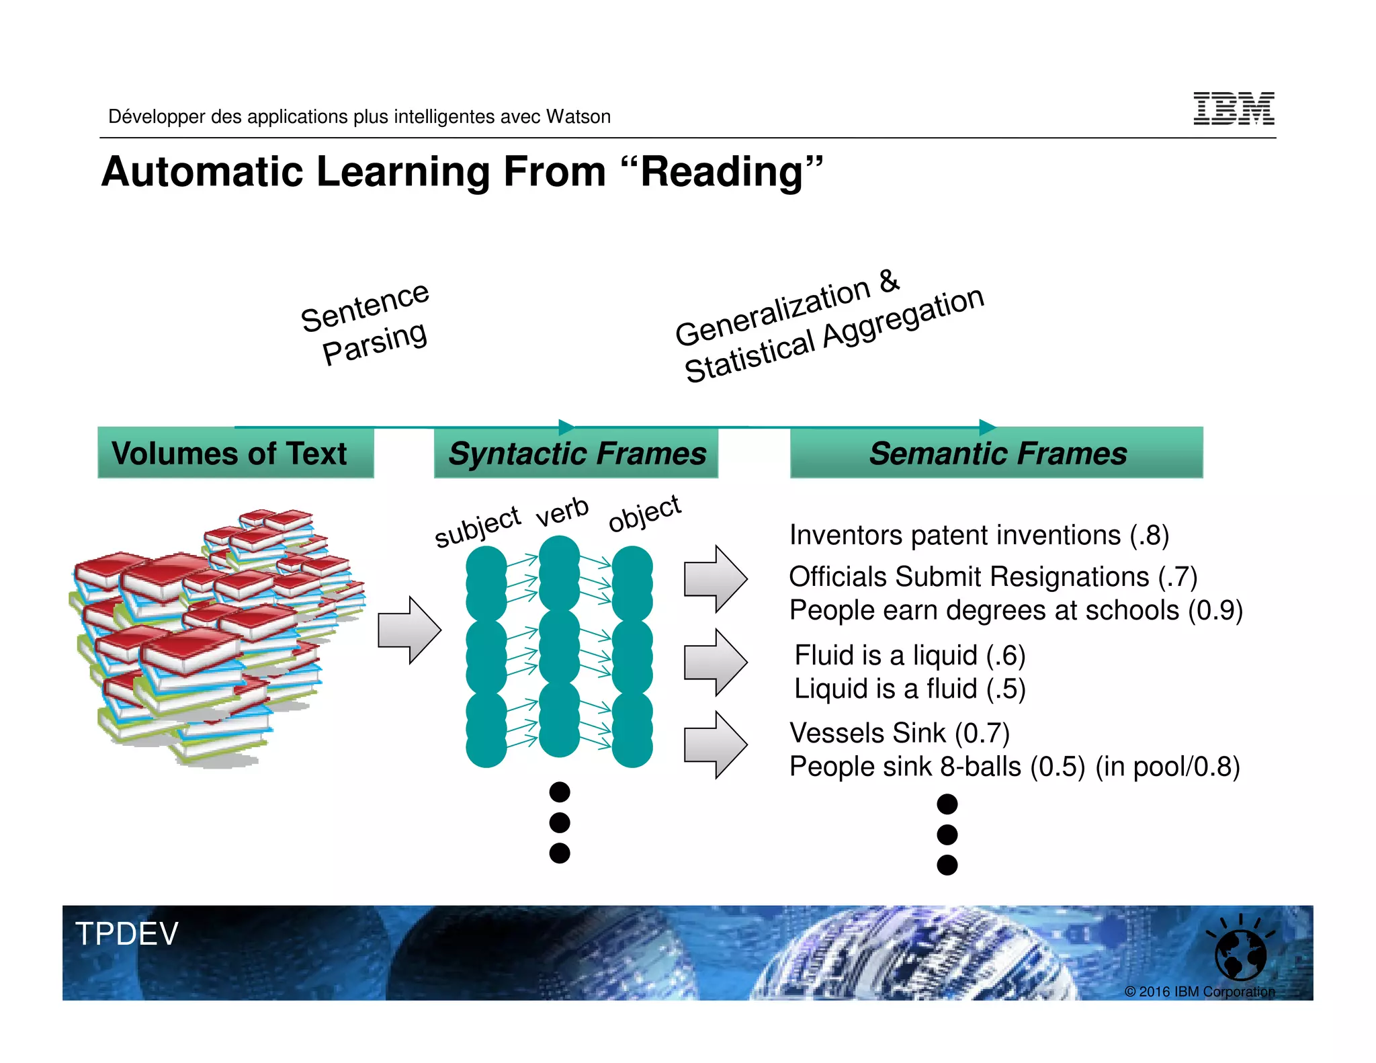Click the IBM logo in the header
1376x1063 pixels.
pos(1233,109)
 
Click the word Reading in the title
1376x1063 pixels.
pos(722,172)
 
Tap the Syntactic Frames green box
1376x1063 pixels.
pos(576,453)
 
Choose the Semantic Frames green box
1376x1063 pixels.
pos(996,453)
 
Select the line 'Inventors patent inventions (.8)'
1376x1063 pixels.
pos(978,536)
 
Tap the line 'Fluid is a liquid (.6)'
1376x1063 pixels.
pos(909,655)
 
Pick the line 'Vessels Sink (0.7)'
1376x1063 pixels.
pos(899,733)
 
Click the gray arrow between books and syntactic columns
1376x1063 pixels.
pos(408,630)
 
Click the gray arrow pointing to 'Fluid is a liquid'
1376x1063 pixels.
pos(715,662)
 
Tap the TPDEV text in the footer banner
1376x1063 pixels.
pos(126,934)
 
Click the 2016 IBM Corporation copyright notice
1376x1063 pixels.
pos(1199,992)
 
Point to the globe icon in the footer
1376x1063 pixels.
pos(1240,954)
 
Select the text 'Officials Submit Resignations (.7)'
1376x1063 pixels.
pos(992,577)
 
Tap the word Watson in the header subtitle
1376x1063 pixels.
pos(578,117)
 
